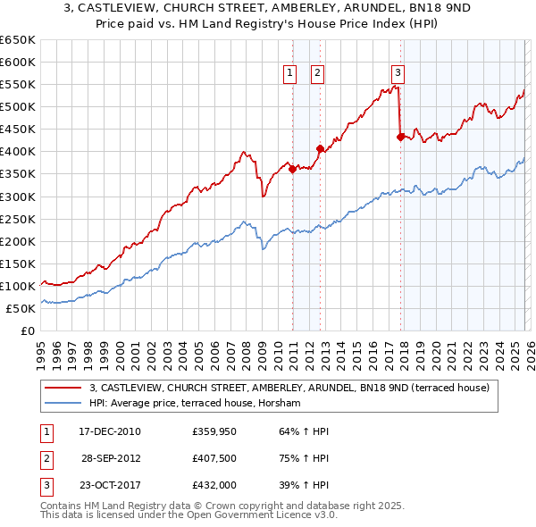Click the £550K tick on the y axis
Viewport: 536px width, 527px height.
pos(19,85)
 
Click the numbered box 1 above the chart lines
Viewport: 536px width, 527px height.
pos(291,74)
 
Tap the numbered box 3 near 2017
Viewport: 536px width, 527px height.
pos(398,74)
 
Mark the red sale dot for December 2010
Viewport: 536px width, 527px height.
pos(292,169)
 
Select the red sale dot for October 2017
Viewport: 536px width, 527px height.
pos(400,137)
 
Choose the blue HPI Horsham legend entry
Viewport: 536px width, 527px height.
pos(195,404)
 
